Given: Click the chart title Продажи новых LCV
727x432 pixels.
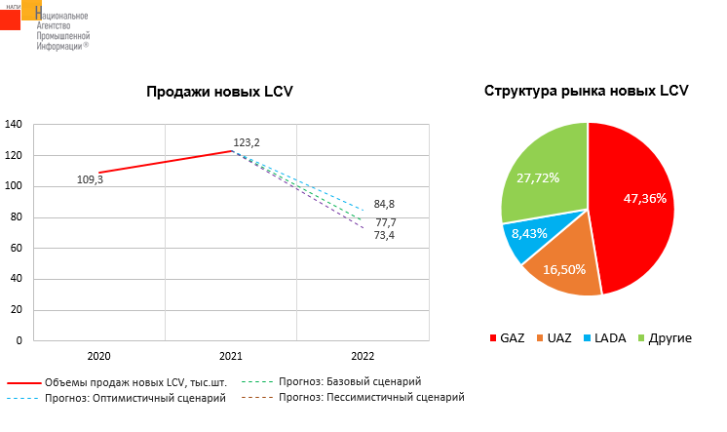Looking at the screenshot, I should point(219,92).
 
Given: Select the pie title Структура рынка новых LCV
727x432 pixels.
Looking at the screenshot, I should point(587,91).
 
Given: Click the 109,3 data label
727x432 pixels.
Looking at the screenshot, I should point(90,178).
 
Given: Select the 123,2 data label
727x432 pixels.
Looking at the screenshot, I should point(247,142).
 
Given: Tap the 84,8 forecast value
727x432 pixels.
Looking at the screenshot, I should point(384,205).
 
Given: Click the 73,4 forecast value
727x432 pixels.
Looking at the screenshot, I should point(384,235).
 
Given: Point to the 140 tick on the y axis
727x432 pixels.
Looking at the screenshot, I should point(14,124).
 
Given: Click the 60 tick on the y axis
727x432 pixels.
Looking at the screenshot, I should point(17,248).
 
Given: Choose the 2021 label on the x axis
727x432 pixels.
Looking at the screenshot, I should point(231,357).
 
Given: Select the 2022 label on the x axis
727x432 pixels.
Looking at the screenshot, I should point(363,357).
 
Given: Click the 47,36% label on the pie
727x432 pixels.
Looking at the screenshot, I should point(645,199).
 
